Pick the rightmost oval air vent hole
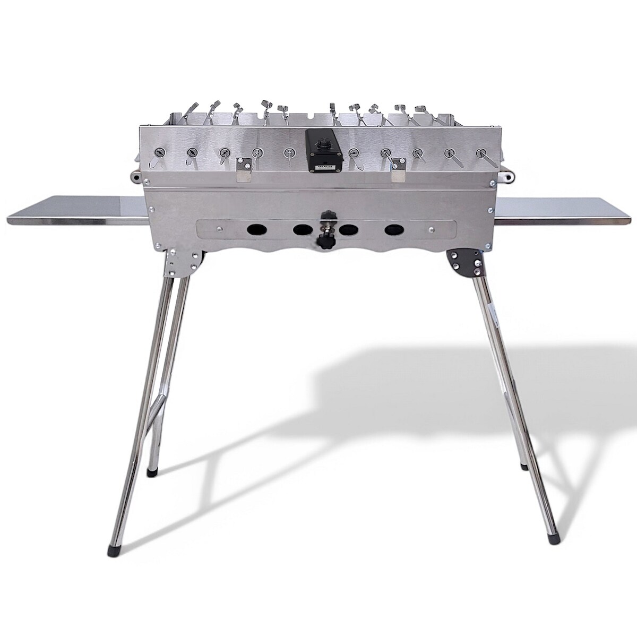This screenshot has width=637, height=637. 393,230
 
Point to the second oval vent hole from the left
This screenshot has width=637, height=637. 302,230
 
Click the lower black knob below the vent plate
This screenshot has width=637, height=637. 322,245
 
